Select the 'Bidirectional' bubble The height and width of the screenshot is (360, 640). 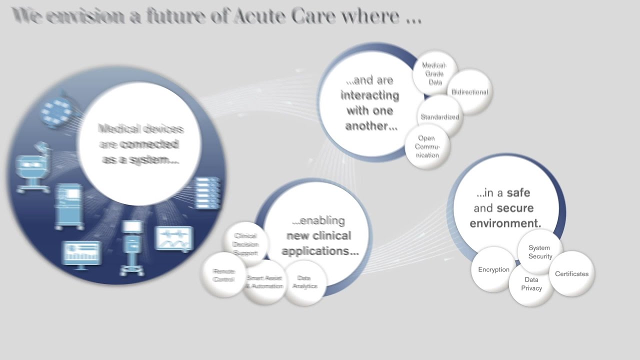tap(469, 92)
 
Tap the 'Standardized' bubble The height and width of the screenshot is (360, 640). tap(439, 117)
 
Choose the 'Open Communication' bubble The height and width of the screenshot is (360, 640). tap(427, 146)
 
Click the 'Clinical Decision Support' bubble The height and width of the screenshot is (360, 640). tap(245, 244)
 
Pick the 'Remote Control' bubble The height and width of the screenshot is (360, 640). tap(223, 275)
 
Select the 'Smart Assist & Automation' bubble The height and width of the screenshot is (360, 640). tap(264, 282)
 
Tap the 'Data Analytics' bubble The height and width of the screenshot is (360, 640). tap(304, 282)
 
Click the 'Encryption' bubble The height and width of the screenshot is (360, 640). tap(493, 269)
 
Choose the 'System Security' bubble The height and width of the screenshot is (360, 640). tap(540, 251)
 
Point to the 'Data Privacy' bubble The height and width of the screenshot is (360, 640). tap(531, 284)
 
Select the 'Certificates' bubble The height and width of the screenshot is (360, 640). tap(571, 274)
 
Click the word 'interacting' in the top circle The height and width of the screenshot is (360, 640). tap(370, 95)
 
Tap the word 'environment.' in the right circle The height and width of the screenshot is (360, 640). tap(505, 223)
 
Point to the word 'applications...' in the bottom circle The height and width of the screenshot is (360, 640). tap(320, 250)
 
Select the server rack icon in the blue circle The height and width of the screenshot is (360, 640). tap(207, 192)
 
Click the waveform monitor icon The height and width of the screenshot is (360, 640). tap(174, 238)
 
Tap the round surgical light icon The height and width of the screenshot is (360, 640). tap(56, 108)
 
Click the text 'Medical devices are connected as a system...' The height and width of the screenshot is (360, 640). tap(140, 144)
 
